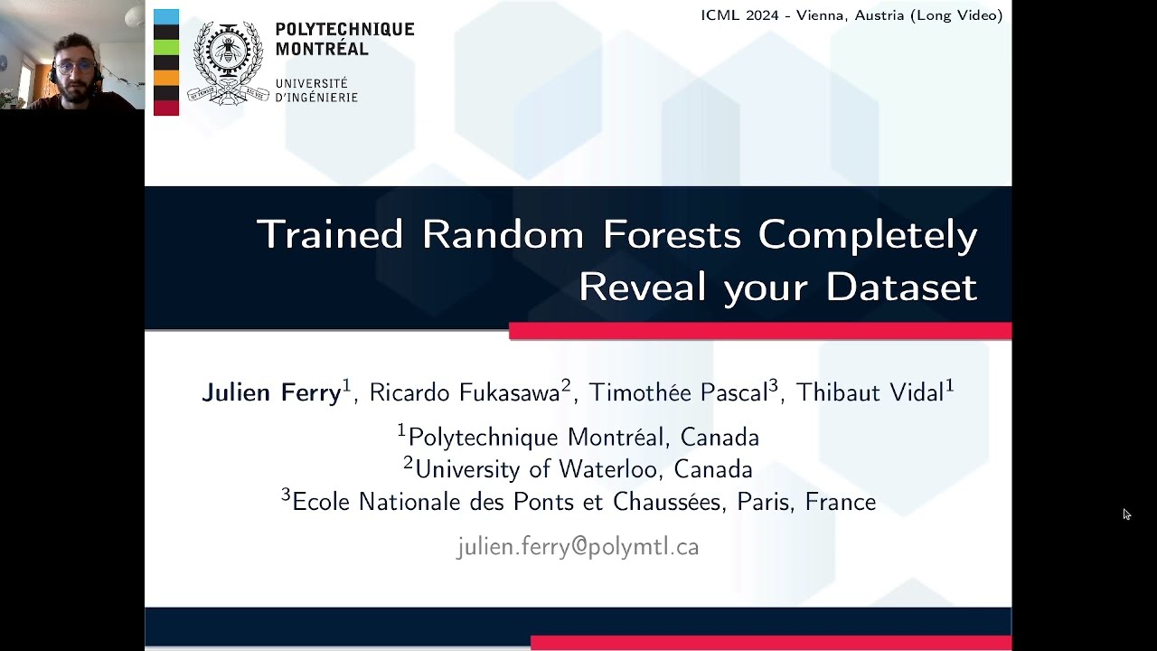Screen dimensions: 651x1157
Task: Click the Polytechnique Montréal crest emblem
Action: (228, 61)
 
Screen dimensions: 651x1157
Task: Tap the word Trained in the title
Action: (330, 234)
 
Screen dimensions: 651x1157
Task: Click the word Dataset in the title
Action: (901, 287)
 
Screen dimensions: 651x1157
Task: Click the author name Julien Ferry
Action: (271, 392)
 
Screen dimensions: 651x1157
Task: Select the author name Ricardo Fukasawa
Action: (465, 392)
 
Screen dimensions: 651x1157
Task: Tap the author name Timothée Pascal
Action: (678, 392)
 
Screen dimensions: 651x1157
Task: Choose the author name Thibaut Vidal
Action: (870, 392)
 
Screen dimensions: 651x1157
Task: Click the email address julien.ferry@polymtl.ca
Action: (578, 547)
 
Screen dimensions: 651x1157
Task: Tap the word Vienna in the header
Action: (823, 15)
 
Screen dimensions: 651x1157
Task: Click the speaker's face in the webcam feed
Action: (76, 65)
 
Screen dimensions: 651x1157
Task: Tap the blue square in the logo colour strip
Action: (166, 17)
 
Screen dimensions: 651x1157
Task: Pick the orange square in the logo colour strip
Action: (166, 78)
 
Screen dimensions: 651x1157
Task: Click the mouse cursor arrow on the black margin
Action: (1126, 514)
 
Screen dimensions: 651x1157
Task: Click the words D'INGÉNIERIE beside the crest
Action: (316, 98)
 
